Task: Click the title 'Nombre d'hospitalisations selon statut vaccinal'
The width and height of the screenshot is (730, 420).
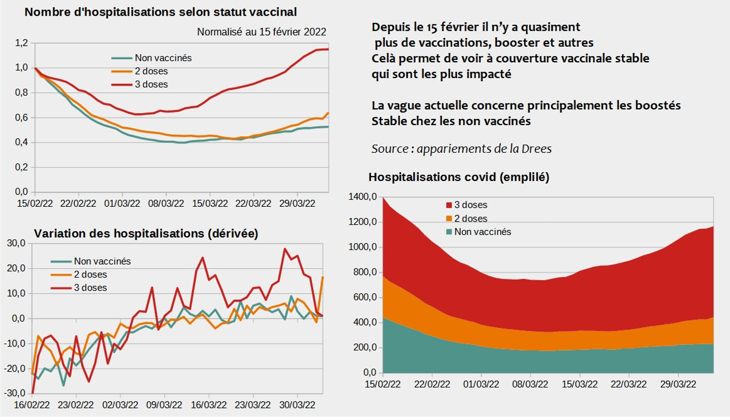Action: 160,12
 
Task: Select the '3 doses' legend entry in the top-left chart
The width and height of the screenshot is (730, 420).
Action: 151,84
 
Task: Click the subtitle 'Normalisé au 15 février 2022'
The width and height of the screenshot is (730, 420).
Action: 262,32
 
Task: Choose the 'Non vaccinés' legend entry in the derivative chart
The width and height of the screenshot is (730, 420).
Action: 102,261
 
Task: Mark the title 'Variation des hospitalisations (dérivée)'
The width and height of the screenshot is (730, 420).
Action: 146,234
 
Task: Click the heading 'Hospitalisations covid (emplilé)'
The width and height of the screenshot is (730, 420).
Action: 459,177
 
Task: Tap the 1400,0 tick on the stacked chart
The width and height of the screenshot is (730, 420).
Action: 362,197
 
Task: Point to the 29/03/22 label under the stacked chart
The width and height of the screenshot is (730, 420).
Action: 679,384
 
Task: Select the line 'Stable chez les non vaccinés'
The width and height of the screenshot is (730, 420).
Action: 451,121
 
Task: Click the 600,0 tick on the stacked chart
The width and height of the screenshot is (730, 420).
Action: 364,298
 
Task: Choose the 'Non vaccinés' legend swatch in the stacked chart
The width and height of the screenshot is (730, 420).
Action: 449,232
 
